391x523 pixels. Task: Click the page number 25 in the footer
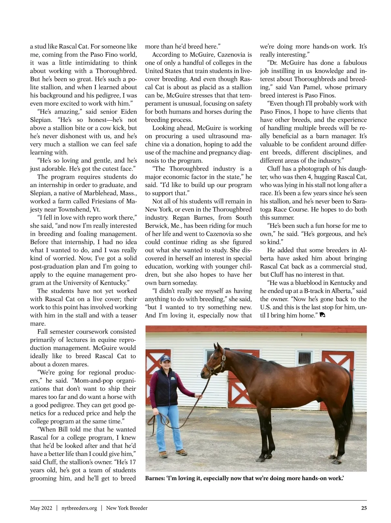[x=364, y=508]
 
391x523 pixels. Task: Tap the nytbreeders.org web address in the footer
[x=79, y=508]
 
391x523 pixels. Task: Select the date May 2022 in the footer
[x=41, y=508]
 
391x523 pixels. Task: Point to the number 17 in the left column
[x=132, y=462]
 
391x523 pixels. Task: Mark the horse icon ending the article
[x=323, y=315]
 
